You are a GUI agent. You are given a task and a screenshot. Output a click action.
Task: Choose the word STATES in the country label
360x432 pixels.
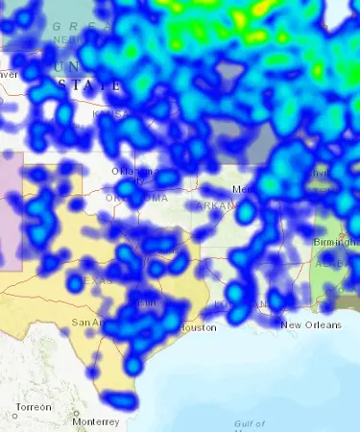tap(91, 85)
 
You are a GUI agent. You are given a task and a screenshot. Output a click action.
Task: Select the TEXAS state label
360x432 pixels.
tap(96, 280)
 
